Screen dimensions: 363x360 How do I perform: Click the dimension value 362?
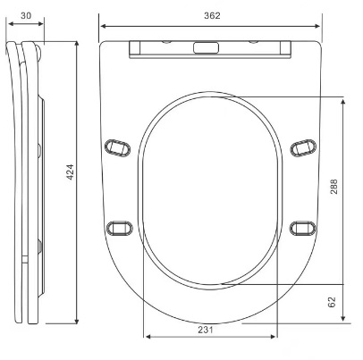tap(212, 15)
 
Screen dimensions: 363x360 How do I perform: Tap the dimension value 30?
tap(26, 15)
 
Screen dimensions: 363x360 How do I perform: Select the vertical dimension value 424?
tap(70, 172)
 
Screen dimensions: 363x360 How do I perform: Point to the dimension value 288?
tap(333, 187)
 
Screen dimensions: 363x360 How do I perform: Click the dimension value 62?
tap(332, 302)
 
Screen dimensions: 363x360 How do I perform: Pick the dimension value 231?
tap(206, 330)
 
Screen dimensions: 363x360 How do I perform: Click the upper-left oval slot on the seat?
tap(117, 147)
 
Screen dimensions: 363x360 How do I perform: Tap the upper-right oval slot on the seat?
tap(303, 147)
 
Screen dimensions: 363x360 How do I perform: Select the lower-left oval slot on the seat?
tap(119, 229)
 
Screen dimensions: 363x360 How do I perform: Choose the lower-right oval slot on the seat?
tap(303, 229)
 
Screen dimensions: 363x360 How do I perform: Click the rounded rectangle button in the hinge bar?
tap(206, 47)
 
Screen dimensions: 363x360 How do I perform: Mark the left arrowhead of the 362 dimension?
tap(104, 26)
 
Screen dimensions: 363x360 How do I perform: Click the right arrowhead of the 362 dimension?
tap(317, 26)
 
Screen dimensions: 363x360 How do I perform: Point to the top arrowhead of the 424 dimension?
tap(77, 44)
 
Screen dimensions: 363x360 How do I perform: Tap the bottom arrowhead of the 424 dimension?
tap(77, 321)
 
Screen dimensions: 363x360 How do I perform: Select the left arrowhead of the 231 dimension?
tap(148, 337)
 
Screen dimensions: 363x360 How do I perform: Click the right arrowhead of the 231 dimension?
tap(273, 337)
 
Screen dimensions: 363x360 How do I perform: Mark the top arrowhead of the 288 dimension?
tap(343, 102)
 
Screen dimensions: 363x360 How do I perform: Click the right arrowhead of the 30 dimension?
tap(41, 23)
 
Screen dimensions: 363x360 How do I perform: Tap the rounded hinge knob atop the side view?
tap(38, 51)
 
